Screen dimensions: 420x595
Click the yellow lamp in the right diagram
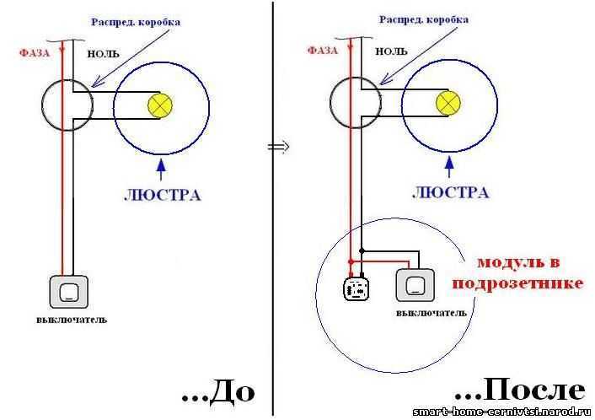coord(448,104)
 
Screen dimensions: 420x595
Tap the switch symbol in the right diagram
coord(415,286)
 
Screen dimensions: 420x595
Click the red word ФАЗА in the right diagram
coord(323,50)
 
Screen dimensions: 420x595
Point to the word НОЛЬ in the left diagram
coord(104,53)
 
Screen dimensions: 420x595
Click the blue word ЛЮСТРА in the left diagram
coord(162,195)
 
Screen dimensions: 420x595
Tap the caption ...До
coord(217,393)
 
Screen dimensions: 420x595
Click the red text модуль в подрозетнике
coord(517,272)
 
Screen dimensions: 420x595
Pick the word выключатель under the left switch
coord(72,320)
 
